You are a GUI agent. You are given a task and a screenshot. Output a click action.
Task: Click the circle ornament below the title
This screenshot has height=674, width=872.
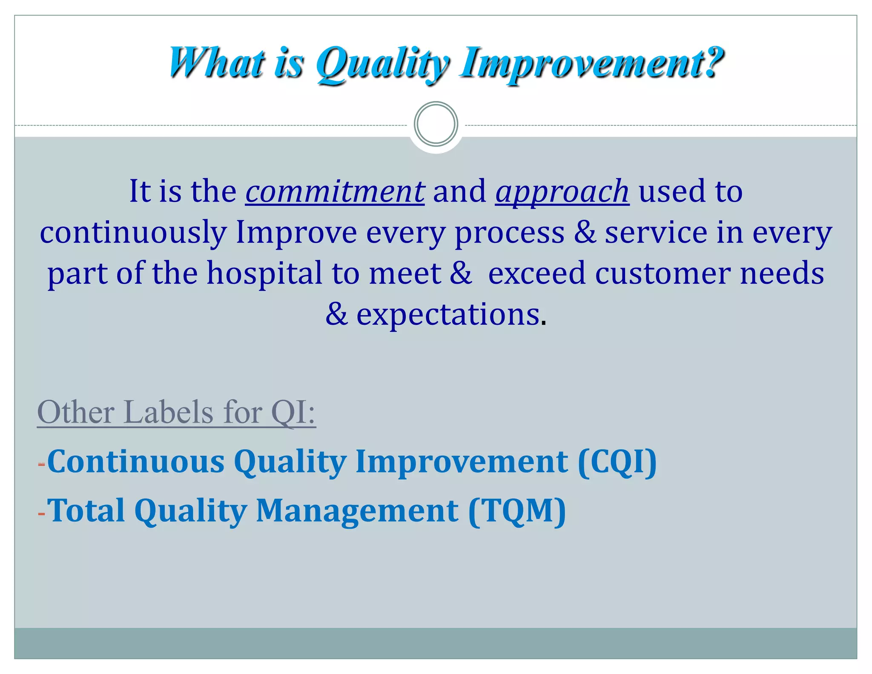tap(436, 124)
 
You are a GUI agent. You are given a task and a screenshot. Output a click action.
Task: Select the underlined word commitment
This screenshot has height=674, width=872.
tap(335, 191)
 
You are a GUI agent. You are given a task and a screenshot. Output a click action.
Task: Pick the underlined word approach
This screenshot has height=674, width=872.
tap(562, 191)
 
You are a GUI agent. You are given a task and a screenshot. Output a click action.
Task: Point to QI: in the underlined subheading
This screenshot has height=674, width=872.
tap(293, 412)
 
